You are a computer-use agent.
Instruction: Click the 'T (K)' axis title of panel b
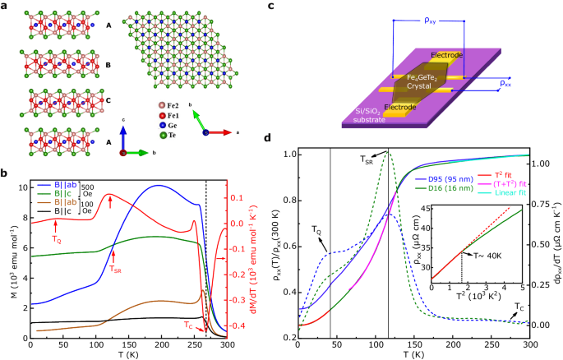pyautogui.click(x=130, y=354)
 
